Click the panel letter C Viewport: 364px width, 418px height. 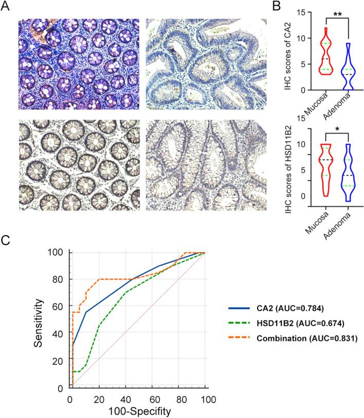pyautogui.click(x=6, y=239)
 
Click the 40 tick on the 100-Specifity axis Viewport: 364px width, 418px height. pyautogui.click(x=125, y=398)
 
